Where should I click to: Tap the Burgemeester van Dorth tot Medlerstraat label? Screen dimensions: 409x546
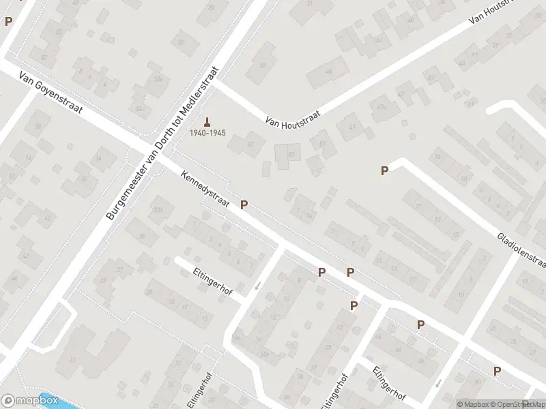163,142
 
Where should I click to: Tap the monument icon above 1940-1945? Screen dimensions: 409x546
207,121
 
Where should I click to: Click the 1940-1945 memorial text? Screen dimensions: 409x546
207,132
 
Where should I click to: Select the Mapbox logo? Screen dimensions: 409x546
29,402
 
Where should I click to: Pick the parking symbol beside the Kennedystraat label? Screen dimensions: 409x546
244,204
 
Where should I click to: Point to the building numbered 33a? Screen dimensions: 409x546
159,209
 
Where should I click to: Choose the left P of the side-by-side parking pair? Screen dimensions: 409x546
321,272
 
